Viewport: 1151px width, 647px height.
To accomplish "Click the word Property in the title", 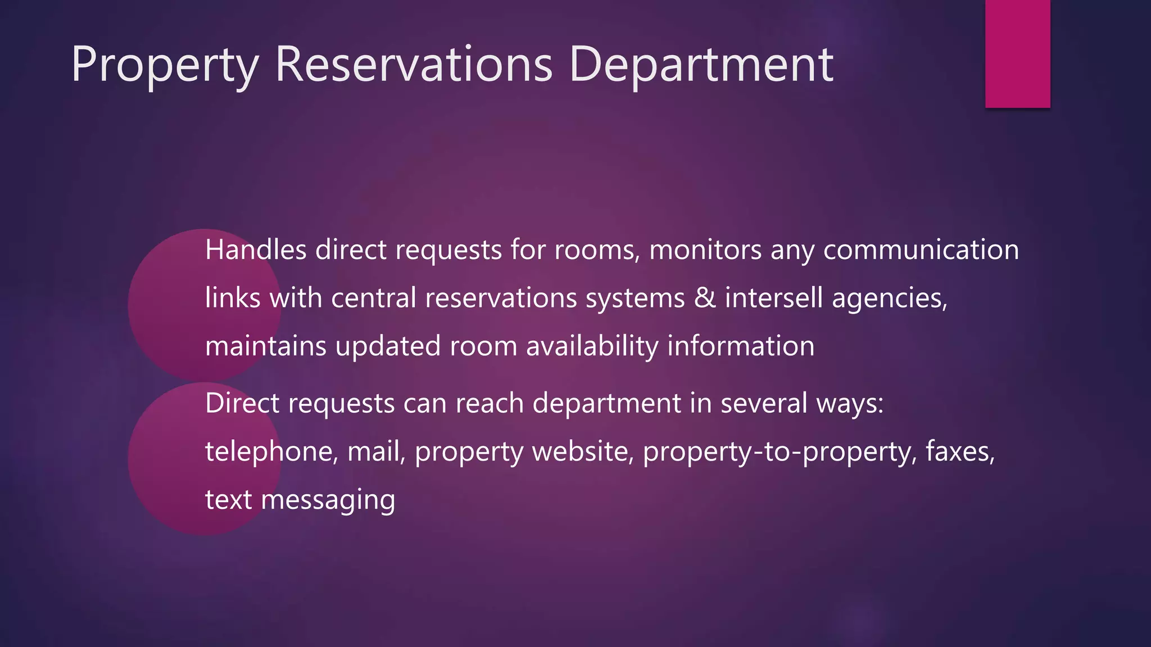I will [165, 66].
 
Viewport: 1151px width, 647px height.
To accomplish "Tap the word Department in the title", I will [701, 66].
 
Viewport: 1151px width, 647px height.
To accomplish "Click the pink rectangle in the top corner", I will [1017, 53].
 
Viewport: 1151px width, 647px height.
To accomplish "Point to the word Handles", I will [256, 250].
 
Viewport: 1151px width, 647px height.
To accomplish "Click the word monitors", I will [705, 250].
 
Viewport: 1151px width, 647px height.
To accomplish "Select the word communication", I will [921, 250].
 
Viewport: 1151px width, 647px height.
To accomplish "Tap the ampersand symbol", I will [705, 298].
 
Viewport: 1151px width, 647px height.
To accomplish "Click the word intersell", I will [774, 298].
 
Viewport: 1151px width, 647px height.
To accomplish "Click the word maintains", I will [265, 346].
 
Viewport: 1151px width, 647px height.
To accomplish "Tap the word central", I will [374, 298].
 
